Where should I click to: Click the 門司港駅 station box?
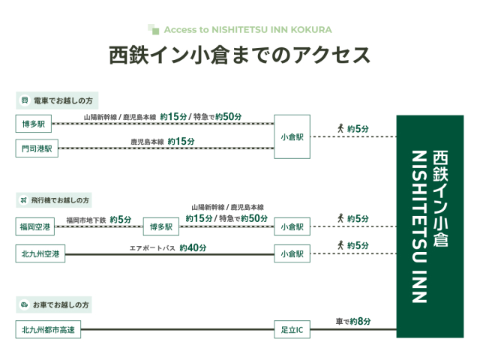(37, 148)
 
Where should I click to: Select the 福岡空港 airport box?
(35, 226)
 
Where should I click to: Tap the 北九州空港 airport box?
(40, 253)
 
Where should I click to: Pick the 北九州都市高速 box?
(48, 329)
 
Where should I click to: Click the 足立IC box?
(292, 329)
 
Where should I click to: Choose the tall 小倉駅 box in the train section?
(292, 136)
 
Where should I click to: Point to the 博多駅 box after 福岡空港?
(161, 226)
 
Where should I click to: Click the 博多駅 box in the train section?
(33, 124)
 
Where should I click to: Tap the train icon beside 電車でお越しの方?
(25, 100)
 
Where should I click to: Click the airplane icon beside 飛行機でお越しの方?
(23, 200)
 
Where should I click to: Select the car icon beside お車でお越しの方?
(24, 304)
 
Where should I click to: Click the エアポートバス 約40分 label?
(168, 247)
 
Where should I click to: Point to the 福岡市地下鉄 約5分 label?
(98, 220)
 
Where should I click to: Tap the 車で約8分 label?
(353, 321)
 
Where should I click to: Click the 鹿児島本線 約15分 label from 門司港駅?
(163, 142)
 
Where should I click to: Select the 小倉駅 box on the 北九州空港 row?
(292, 253)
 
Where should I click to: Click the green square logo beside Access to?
(153, 29)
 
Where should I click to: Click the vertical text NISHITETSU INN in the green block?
(419, 226)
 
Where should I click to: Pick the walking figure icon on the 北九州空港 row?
(340, 245)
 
